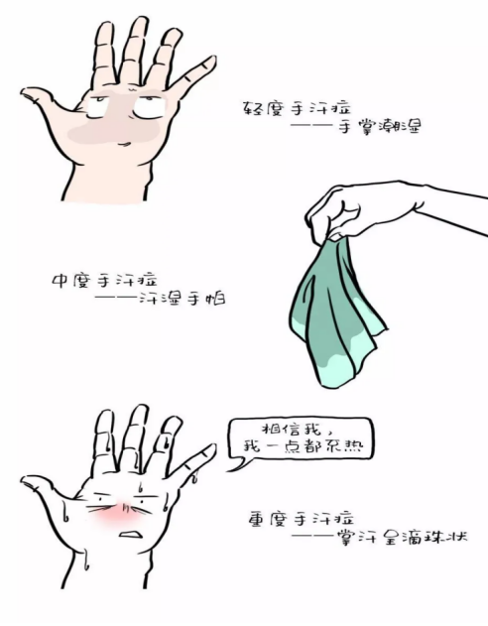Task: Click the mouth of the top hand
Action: tap(125, 143)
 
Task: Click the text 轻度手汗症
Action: tap(297, 108)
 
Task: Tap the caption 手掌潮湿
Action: tap(380, 127)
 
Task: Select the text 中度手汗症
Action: tap(104, 280)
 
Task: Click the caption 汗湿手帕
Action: tap(182, 299)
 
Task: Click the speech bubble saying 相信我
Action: tap(301, 440)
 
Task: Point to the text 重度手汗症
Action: tap(301, 519)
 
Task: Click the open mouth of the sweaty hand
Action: tap(131, 534)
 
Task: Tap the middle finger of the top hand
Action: tap(135, 48)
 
